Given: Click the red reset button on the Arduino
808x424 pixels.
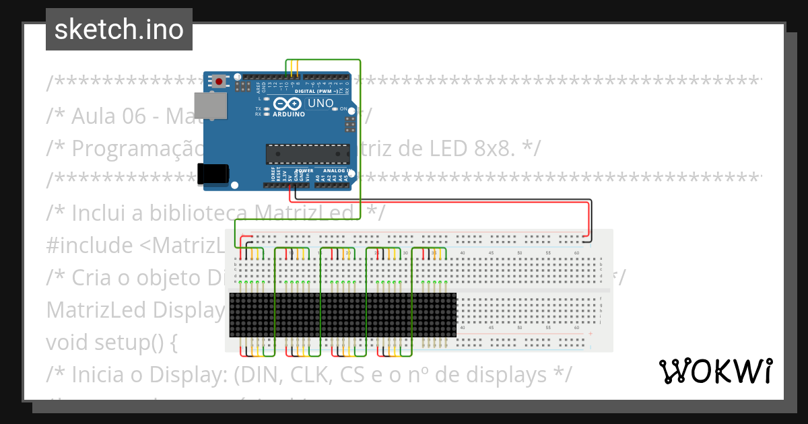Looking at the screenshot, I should (219, 82).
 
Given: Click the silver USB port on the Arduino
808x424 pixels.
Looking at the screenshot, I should (211, 106).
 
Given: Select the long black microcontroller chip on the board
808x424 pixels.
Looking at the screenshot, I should (308, 154).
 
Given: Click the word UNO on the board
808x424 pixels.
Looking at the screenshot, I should (320, 104).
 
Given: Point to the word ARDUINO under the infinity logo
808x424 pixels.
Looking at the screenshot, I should (288, 114).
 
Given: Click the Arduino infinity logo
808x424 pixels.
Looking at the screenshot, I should (288, 104).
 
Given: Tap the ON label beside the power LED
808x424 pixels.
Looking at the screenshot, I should (343, 109).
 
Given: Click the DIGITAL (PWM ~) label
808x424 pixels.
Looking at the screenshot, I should (314, 91).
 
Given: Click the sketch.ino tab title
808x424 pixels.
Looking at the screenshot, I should (119, 30).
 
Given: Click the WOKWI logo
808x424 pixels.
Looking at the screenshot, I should (715, 371).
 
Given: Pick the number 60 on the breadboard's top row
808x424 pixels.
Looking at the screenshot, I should (576, 253).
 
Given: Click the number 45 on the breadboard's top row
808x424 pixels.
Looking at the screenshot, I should (491, 253).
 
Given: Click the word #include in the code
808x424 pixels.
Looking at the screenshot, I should (90, 245).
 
